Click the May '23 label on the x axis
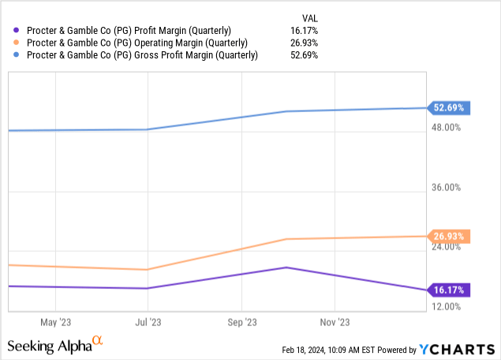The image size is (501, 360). tap(54, 322)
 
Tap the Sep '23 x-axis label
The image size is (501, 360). tap(241, 322)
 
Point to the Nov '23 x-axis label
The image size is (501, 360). tap(335, 322)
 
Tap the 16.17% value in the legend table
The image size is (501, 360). tap(306, 31)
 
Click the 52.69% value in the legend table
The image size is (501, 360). tap(306, 54)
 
